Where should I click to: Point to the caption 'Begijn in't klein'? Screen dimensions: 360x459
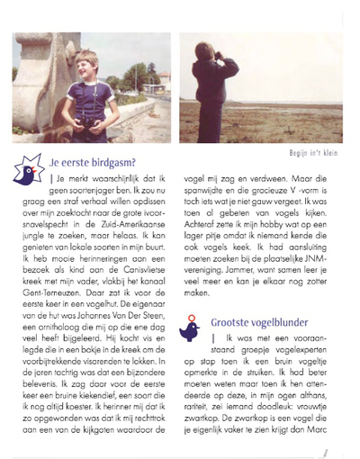coord(316,153)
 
